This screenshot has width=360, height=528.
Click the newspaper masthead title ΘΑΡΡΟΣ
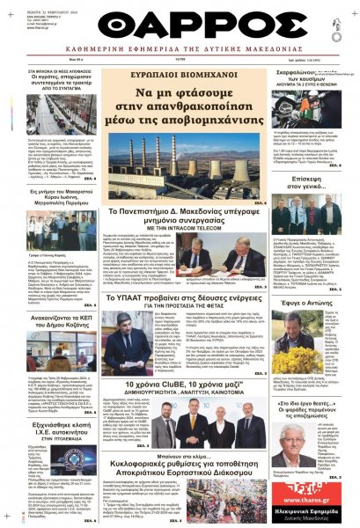(x=180, y=26)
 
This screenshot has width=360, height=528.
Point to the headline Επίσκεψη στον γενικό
(x=311, y=188)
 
